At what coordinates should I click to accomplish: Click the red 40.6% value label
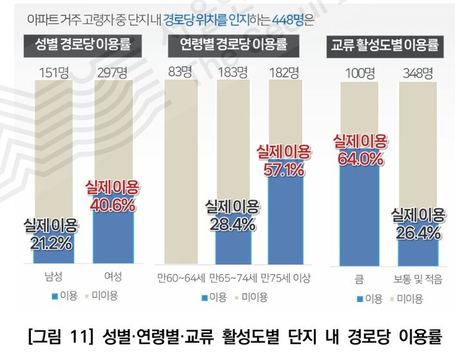tap(113, 205)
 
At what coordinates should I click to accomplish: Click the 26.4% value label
tap(418, 231)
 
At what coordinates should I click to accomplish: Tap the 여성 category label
tap(113, 278)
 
